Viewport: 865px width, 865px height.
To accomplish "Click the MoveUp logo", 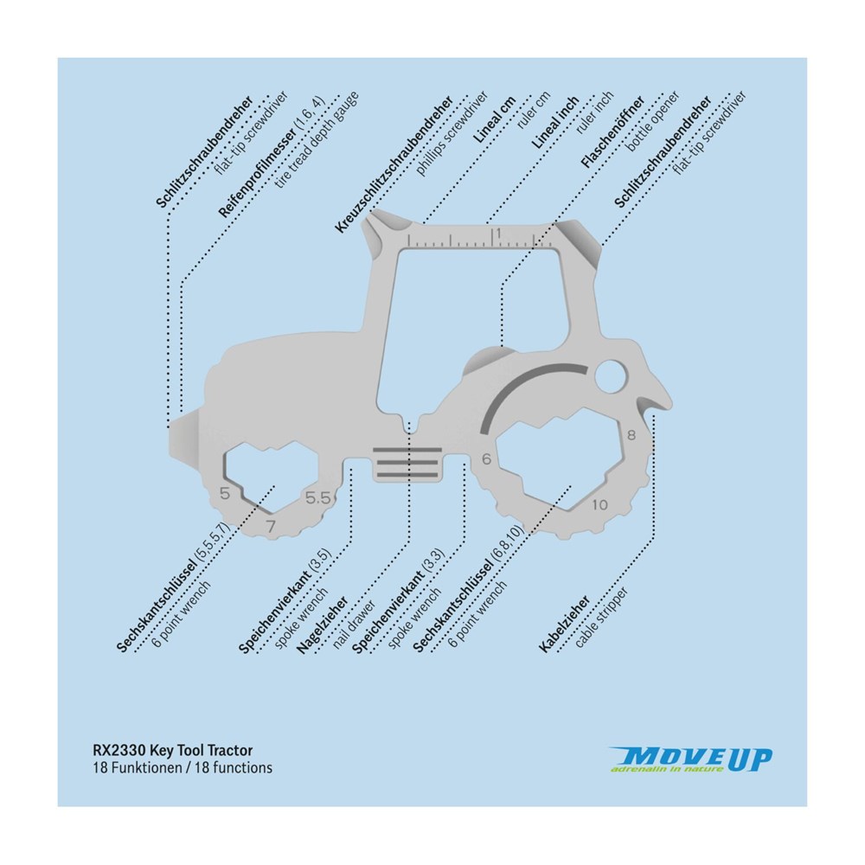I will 690,759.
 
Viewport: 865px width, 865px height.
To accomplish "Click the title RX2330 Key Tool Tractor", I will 173,751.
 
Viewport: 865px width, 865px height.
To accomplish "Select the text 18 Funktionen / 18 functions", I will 183,767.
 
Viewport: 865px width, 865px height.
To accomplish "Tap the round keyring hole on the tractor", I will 611,375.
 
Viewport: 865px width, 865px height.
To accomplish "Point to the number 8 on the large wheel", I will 631,434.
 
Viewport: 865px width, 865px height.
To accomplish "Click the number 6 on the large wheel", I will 487,459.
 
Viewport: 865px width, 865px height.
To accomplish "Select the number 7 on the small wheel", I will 271,525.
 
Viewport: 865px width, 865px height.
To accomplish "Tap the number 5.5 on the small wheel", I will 317,497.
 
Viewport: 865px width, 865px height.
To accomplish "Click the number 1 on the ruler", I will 497,234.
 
